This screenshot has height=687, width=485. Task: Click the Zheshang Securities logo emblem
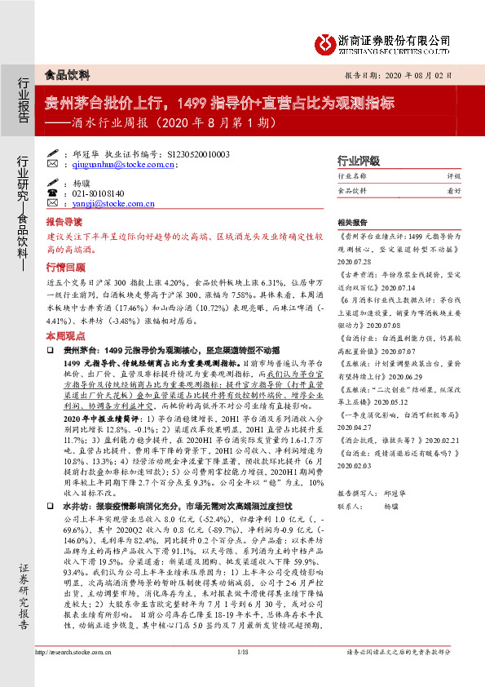click(x=327, y=42)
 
